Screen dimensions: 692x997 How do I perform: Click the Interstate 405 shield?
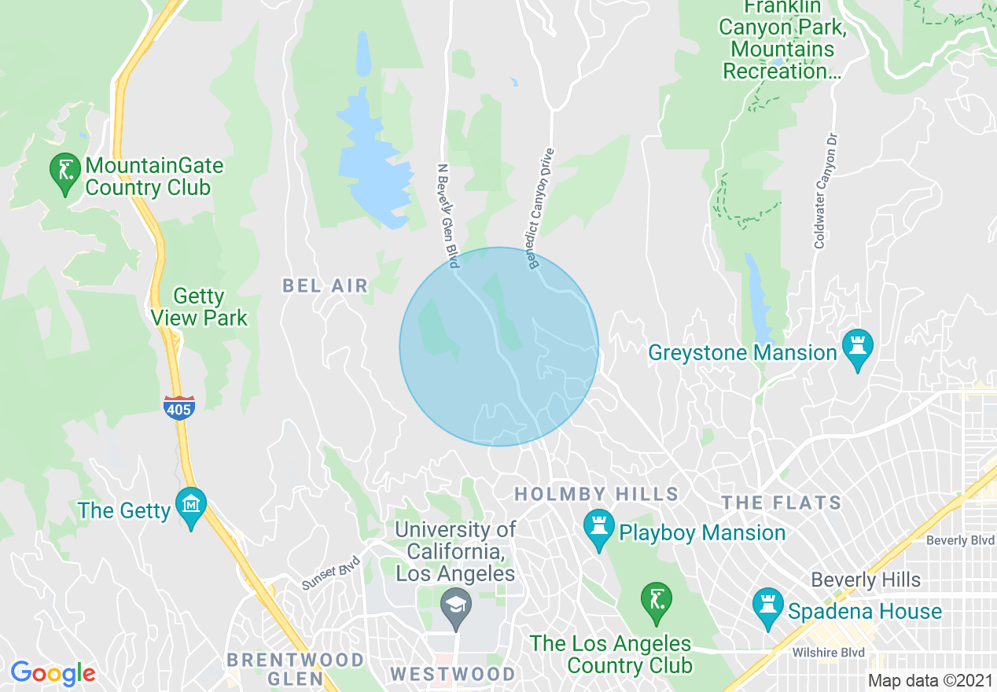(x=179, y=407)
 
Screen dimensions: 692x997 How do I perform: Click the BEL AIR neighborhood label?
(x=325, y=285)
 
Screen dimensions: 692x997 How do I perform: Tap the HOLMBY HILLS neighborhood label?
(x=596, y=495)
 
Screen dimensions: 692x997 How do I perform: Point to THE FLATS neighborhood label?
(x=782, y=502)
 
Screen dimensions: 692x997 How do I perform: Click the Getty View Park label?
(x=200, y=307)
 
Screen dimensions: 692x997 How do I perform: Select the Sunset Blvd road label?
(x=330, y=573)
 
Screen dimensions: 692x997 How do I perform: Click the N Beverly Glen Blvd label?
(x=447, y=215)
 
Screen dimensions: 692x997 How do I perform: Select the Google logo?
(x=53, y=673)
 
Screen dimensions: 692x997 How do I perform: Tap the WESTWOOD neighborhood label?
(x=452, y=674)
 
